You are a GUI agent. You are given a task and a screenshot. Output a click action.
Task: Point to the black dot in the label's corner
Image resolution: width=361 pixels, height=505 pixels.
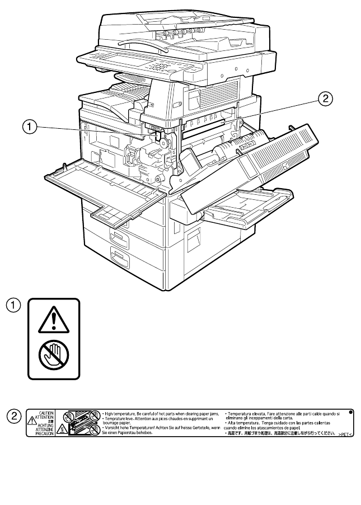(x=351, y=412)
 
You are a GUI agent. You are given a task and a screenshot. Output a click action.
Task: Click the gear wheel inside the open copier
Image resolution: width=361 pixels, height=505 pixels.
(x=165, y=144)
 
